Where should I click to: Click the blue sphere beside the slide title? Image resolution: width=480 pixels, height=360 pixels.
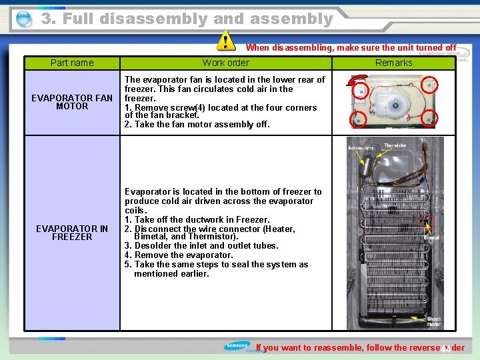point(24,19)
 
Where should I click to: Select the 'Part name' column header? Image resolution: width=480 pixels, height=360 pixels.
point(72,63)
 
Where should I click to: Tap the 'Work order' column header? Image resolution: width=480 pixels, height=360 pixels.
point(225,63)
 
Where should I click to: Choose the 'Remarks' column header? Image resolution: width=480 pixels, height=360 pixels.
point(393,63)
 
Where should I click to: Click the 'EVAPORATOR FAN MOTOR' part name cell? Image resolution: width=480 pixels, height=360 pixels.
point(72,102)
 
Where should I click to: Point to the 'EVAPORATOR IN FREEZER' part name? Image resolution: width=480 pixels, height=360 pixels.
point(72,233)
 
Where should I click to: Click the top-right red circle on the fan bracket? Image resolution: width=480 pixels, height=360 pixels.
point(431,85)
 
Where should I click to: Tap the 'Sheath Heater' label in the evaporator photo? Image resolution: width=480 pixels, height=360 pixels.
point(433,322)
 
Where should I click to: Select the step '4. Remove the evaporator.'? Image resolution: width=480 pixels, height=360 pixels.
point(179,255)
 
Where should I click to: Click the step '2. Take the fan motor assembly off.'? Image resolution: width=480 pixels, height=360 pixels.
point(197,124)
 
